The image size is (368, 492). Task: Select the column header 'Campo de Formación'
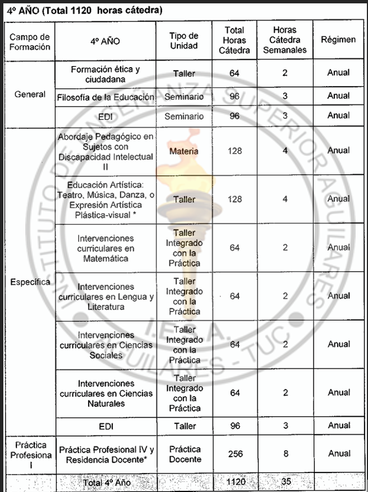30,41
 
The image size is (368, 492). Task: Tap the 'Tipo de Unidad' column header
184,41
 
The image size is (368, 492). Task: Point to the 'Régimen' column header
338,40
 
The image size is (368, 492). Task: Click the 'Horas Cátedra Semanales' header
285,40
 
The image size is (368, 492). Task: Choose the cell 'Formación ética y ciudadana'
105,74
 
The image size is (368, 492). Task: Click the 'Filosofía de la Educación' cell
105,97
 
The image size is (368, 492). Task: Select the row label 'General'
30,94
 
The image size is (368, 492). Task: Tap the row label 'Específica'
30,281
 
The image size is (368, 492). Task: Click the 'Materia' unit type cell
184,151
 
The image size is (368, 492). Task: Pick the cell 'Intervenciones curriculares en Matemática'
105,248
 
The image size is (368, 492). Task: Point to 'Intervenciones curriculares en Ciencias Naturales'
105,393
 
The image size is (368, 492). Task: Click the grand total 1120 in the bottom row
235,481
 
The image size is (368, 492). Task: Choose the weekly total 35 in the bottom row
285,481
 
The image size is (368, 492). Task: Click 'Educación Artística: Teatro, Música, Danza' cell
105,199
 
